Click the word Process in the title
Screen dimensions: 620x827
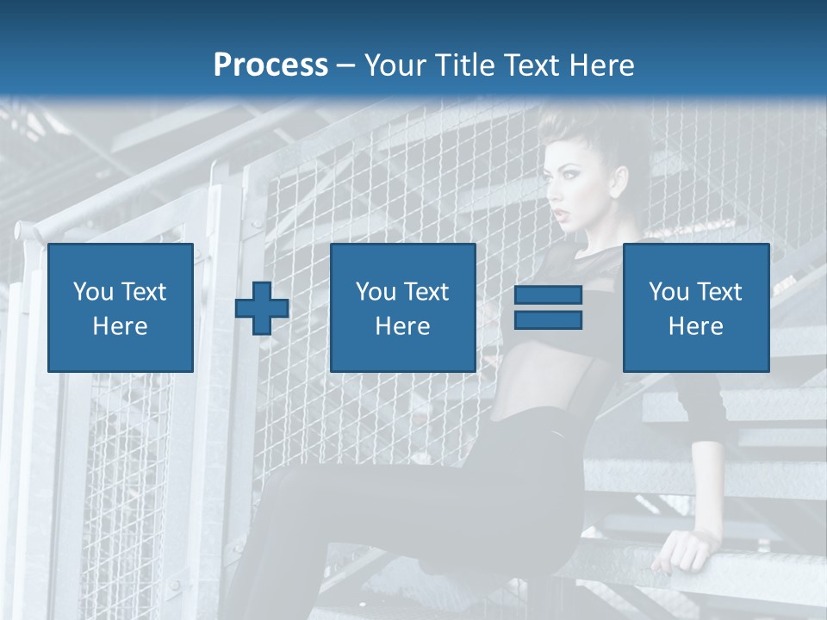tap(270, 65)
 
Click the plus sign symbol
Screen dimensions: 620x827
tap(262, 308)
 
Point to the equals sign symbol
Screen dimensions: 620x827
tap(548, 307)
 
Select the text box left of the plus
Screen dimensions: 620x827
tap(121, 307)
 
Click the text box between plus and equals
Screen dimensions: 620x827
tap(402, 307)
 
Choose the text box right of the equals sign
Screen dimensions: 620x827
tap(696, 307)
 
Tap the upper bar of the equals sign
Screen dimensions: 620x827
tap(548, 295)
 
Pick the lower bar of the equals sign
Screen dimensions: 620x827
tap(548, 319)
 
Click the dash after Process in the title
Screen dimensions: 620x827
tap(345, 65)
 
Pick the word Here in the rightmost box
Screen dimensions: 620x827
tap(696, 325)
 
